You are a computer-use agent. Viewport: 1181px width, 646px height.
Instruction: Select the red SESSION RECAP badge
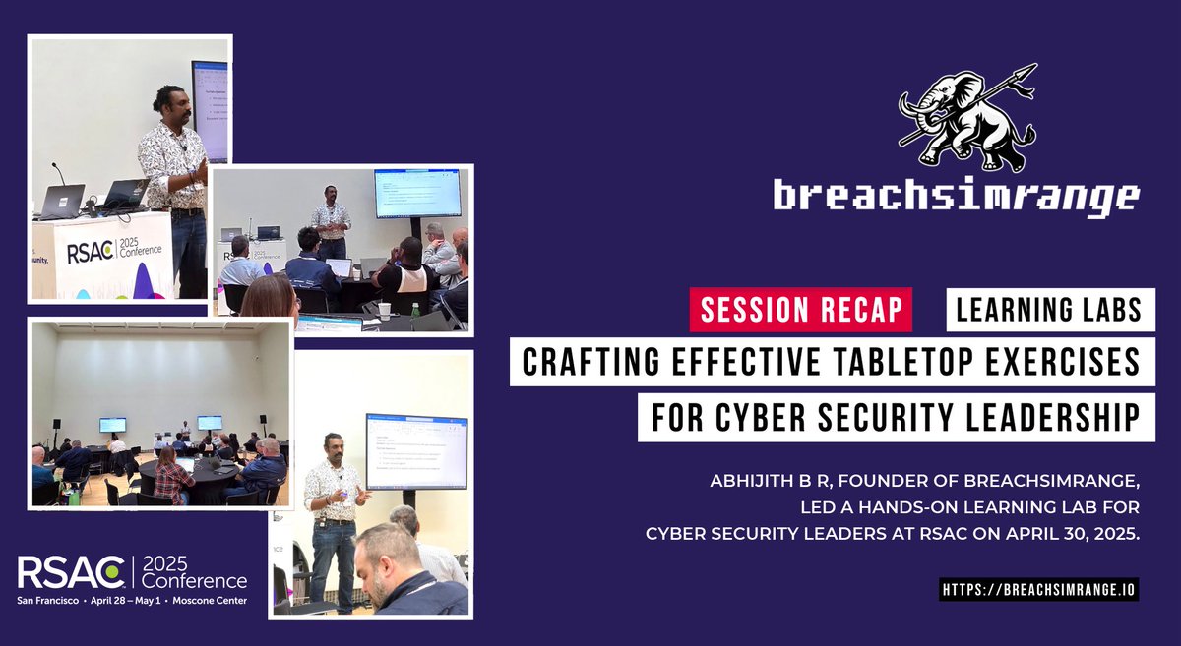(x=800, y=310)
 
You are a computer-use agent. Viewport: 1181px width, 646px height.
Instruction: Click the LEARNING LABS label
(x=1049, y=310)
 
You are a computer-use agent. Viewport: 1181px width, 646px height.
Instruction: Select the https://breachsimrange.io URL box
(x=1038, y=589)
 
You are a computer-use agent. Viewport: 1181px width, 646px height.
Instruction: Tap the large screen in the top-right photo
(x=416, y=194)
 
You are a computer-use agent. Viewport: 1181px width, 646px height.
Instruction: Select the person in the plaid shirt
(x=173, y=480)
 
